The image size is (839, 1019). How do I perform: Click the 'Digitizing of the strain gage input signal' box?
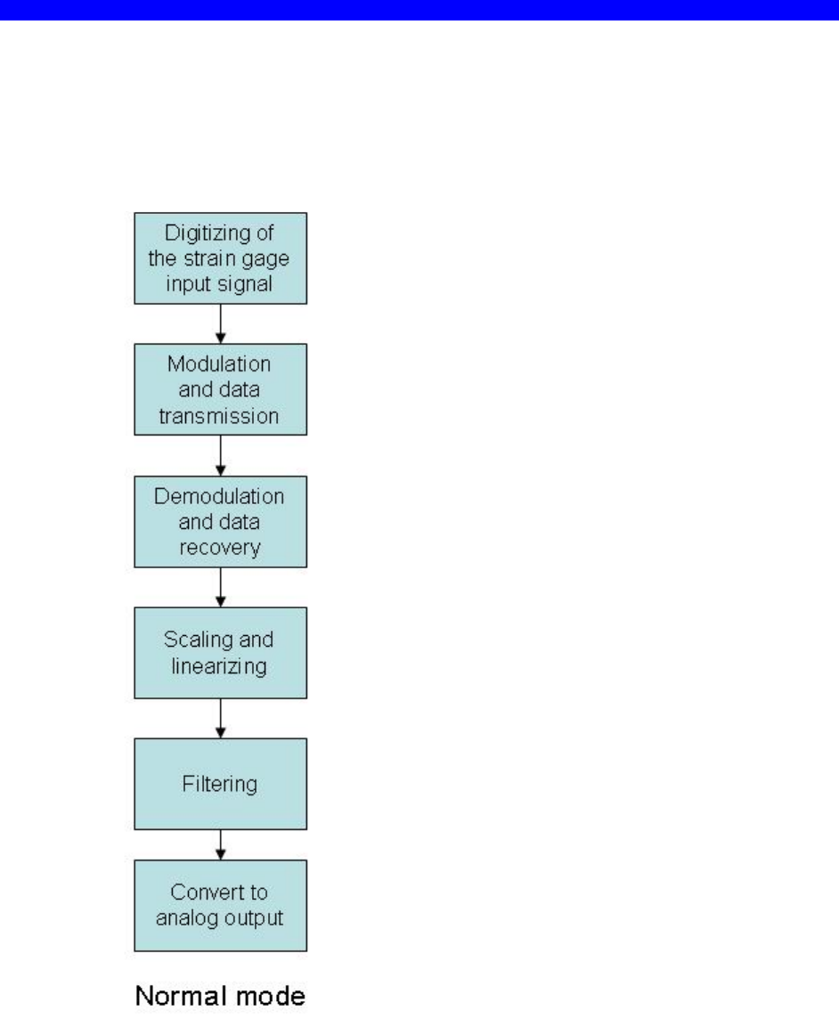[x=220, y=258]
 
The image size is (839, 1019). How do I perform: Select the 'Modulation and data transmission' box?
[x=220, y=389]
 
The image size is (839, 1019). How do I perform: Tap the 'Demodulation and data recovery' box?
[x=220, y=521]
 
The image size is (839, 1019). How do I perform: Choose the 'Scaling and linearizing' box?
[x=220, y=653]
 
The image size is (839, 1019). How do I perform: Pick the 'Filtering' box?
[x=220, y=784]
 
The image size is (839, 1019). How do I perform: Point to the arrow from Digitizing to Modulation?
[x=220, y=324]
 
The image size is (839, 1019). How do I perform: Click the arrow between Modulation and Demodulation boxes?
[x=220, y=455]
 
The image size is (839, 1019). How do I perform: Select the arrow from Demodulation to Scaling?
[x=220, y=587]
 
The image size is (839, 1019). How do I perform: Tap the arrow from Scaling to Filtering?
[x=220, y=718]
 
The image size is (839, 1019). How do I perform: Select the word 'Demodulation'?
[x=220, y=497]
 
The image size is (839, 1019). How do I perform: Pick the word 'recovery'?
[x=220, y=545]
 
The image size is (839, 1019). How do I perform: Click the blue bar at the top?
[x=419, y=10]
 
